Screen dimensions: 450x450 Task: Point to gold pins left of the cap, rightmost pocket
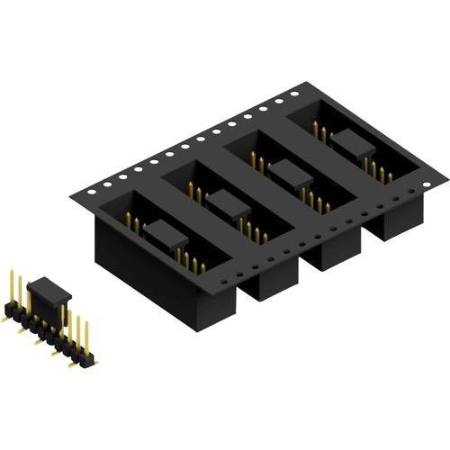(x=319, y=132)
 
